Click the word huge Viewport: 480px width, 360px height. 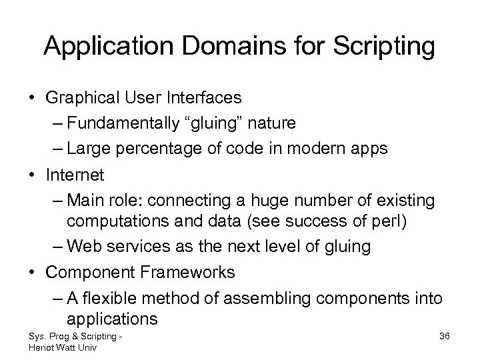[x=287, y=199]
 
